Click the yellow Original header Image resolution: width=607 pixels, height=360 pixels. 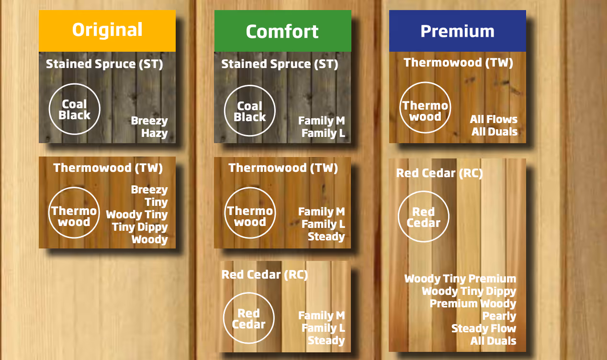click(107, 30)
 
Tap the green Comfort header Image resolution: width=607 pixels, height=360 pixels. click(282, 31)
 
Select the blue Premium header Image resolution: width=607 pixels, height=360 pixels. click(457, 31)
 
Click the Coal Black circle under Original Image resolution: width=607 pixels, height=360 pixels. click(75, 109)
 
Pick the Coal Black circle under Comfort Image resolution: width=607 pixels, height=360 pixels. click(250, 111)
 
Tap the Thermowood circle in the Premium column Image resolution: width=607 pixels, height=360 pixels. click(425, 111)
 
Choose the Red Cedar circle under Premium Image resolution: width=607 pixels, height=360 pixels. click(424, 217)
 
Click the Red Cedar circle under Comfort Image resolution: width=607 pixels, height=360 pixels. click(249, 318)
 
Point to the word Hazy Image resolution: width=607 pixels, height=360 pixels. click(154, 134)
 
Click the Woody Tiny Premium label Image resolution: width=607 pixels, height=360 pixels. click(460, 279)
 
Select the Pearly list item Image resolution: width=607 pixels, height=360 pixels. click(499, 316)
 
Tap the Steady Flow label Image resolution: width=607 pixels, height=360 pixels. click(483, 328)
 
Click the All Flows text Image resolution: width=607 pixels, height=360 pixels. click(494, 119)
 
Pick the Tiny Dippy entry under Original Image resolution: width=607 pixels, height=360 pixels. click(140, 227)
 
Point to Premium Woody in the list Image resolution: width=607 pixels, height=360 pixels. click(472, 304)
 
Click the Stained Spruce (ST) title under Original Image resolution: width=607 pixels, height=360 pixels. click(104, 64)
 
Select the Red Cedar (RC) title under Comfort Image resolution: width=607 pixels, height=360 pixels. click(265, 274)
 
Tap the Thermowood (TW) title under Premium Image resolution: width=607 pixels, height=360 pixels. click(458, 62)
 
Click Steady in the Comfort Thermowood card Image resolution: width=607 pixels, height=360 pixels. click(326, 236)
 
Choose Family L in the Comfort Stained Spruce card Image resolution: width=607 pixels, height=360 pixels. click(323, 134)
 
